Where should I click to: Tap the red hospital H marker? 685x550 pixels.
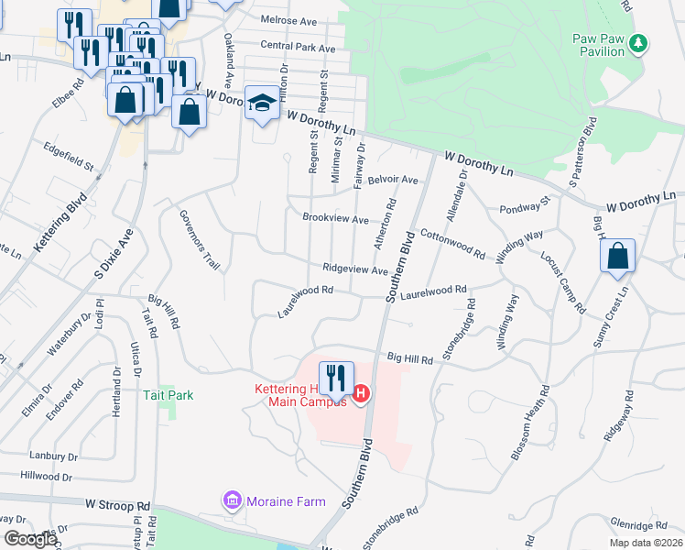coord(361,394)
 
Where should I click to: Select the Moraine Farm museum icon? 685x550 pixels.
coord(232,501)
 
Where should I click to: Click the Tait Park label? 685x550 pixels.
coord(169,395)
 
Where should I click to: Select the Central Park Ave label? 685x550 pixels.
coord(298,46)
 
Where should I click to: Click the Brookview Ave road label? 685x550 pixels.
coord(336,220)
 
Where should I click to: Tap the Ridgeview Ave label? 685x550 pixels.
coord(355,270)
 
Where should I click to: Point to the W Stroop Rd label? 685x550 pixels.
coord(118,505)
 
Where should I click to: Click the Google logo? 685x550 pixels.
coord(29,539)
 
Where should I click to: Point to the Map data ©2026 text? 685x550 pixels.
coord(646,543)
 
